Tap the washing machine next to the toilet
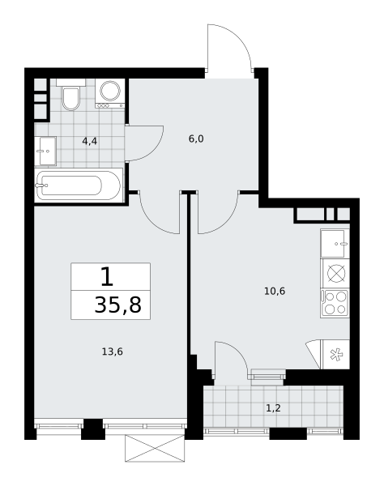[x=110, y=93]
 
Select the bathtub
[x=79, y=185]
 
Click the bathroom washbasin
[x=45, y=151]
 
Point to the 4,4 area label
[x=90, y=141]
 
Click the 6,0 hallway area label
[x=196, y=139]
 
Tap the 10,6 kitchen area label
[x=275, y=291]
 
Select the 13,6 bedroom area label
[x=112, y=352]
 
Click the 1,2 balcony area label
[x=273, y=408]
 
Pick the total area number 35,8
[x=117, y=305]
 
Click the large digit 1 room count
[x=107, y=277]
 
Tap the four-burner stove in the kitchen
[x=335, y=303]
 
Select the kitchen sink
[x=335, y=244]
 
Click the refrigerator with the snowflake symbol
[x=336, y=355]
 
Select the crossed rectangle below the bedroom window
[x=155, y=448]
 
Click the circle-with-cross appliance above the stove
[x=336, y=274]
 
